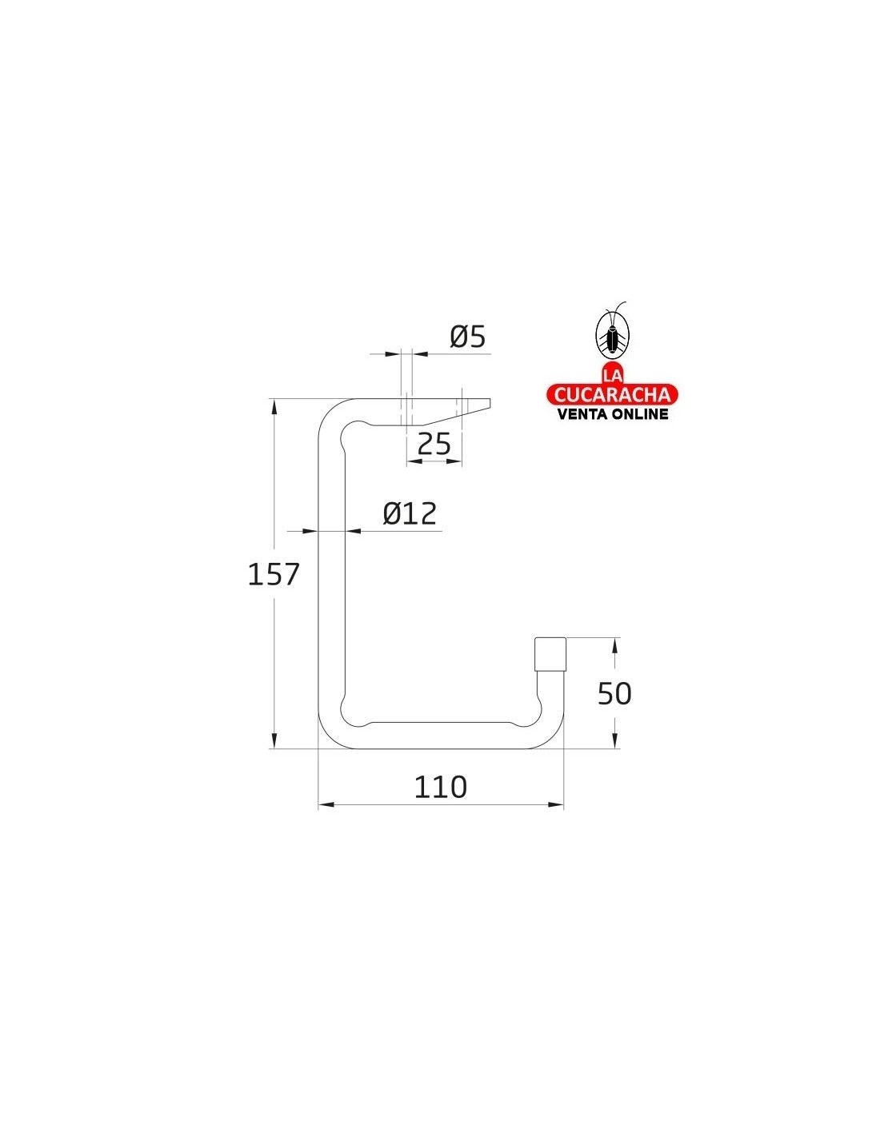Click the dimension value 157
coord(273,574)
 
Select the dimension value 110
coord(440,787)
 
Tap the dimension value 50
coord(614,693)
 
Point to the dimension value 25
coord(434,444)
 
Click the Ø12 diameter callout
coord(410,513)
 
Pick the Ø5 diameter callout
coord(467,337)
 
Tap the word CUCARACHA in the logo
coord(611,394)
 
